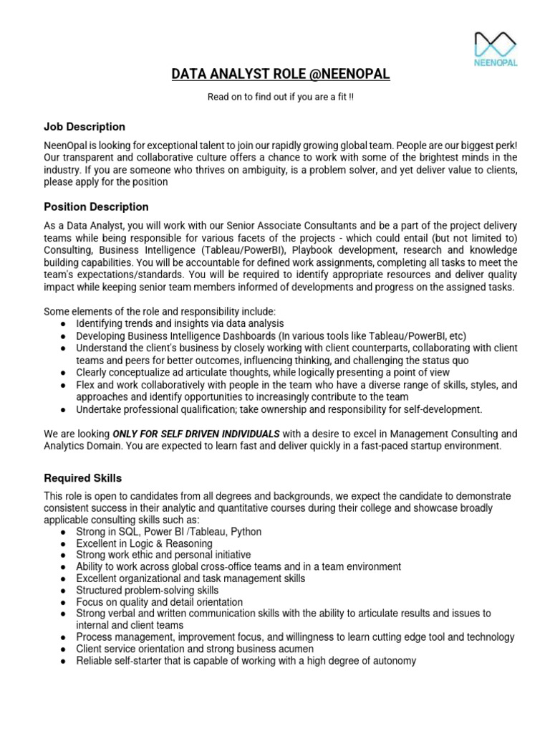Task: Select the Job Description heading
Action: pyautogui.click(x=85, y=127)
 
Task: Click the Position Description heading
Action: pyautogui.click(x=96, y=207)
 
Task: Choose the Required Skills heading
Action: pyautogui.click(x=83, y=478)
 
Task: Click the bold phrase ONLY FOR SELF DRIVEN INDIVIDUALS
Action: pyautogui.click(x=196, y=434)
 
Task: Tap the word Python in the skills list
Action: pyautogui.click(x=246, y=532)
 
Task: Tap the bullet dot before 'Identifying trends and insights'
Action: pyautogui.click(x=64, y=324)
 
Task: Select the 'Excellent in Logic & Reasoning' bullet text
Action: pyautogui.click(x=144, y=544)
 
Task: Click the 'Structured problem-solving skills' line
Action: pyautogui.click(x=148, y=591)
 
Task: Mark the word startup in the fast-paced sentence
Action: pyautogui.click(x=434, y=446)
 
